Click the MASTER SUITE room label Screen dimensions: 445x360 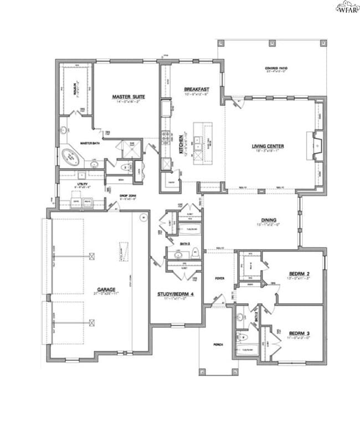coord(128,97)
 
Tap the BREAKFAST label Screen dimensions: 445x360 coord(196,89)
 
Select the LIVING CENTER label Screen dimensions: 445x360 coord(268,147)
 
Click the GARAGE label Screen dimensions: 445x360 coord(106,289)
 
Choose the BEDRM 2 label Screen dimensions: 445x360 coord(299,274)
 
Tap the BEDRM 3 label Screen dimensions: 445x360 coord(299,333)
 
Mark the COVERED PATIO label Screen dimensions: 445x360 coord(276,69)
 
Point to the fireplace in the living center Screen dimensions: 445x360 coord(317,146)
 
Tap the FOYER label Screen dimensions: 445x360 coord(220,278)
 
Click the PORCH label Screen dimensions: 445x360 coord(218,345)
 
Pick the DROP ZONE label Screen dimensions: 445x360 coord(128,195)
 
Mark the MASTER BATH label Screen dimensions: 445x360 coord(89,143)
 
